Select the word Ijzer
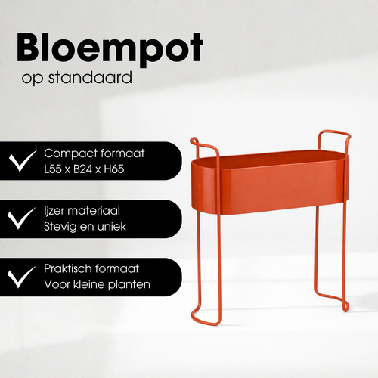pyautogui.click(x=54, y=211)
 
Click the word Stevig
pyautogui.click(x=60, y=226)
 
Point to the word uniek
pyautogui.click(x=114, y=226)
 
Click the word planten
pyautogui.click(x=130, y=284)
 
